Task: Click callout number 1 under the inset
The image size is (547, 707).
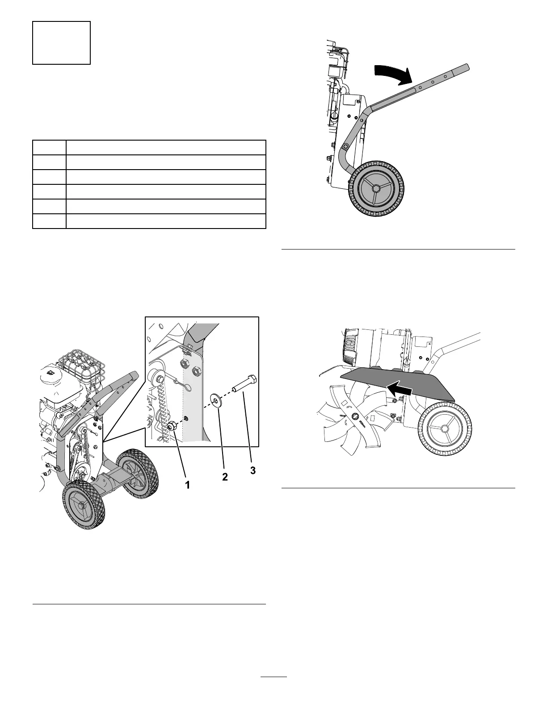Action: click(188, 485)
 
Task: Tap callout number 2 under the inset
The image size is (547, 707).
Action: click(225, 477)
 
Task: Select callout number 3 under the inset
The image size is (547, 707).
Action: click(253, 470)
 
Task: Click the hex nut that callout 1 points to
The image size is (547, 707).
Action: click(172, 425)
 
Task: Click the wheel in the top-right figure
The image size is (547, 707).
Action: click(376, 188)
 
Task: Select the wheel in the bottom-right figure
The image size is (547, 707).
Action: click(444, 428)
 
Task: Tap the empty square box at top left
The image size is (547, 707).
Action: click(61, 43)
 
